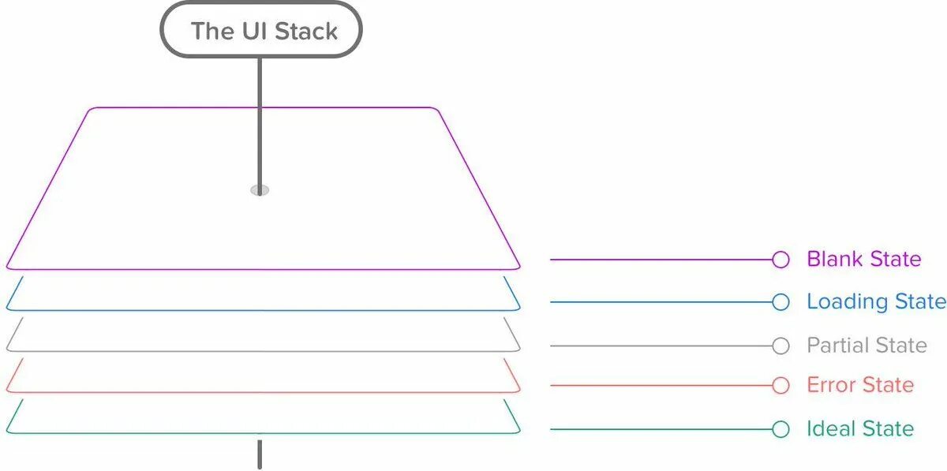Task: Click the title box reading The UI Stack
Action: pos(260,31)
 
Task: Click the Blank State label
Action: pos(863,259)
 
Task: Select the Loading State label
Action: pos(875,301)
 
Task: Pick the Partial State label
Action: pos(866,345)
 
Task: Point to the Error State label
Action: pos(859,385)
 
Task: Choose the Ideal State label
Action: pos(859,428)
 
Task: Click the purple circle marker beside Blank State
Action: pos(780,260)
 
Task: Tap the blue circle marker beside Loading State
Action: pos(780,302)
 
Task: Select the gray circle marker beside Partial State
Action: pos(780,346)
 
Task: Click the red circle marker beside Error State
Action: pos(780,385)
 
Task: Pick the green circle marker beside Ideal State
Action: pos(780,429)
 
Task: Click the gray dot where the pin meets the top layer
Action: pos(260,190)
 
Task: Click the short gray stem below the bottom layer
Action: pos(259,455)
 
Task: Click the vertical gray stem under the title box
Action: pos(259,118)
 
